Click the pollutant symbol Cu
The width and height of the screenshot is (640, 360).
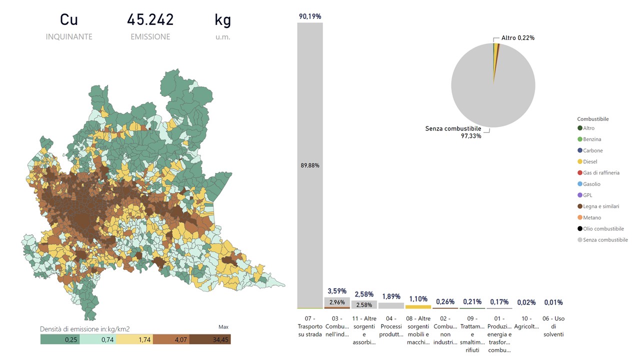69,20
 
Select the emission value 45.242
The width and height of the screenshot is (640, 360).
150,20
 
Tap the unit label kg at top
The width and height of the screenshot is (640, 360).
222,20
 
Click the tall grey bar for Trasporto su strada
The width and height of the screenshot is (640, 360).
310,165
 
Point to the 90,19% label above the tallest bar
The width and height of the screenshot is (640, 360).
310,16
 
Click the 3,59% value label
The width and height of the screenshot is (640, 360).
337,291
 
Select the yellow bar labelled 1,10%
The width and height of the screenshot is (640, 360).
418,306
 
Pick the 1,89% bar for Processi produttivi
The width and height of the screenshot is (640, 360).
391,305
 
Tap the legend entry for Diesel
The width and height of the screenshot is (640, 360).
590,161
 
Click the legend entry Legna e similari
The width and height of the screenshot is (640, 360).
600,206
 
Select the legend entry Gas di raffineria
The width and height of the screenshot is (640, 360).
600,173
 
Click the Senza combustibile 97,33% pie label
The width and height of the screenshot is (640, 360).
453,132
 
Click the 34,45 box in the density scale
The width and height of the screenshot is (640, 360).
211,339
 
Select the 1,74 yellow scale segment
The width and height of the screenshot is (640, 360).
134,339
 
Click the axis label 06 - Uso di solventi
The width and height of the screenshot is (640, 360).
553,326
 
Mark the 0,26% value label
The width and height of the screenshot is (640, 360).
445,302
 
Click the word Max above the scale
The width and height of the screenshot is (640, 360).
223,327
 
